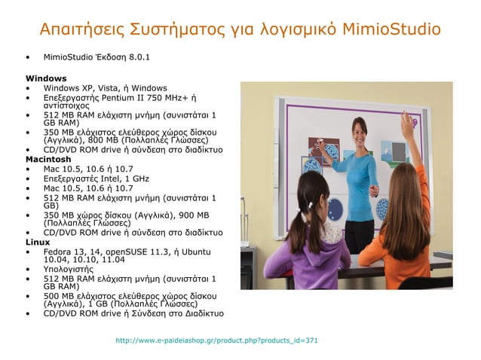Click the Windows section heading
coord(46,78)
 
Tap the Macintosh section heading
coord(48,160)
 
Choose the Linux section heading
coord(38,242)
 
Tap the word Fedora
coord(58,251)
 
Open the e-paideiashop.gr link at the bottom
coord(216,340)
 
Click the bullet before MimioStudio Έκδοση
coord(28,56)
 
